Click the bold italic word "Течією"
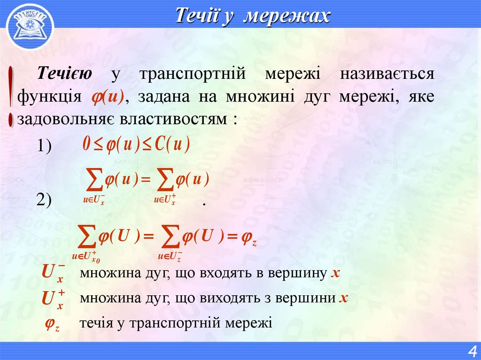(x=65, y=74)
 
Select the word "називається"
(x=387, y=74)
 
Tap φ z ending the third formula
(x=248, y=239)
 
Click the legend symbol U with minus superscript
(x=53, y=273)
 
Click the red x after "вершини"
(x=343, y=298)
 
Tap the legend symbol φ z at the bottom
(x=52, y=324)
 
